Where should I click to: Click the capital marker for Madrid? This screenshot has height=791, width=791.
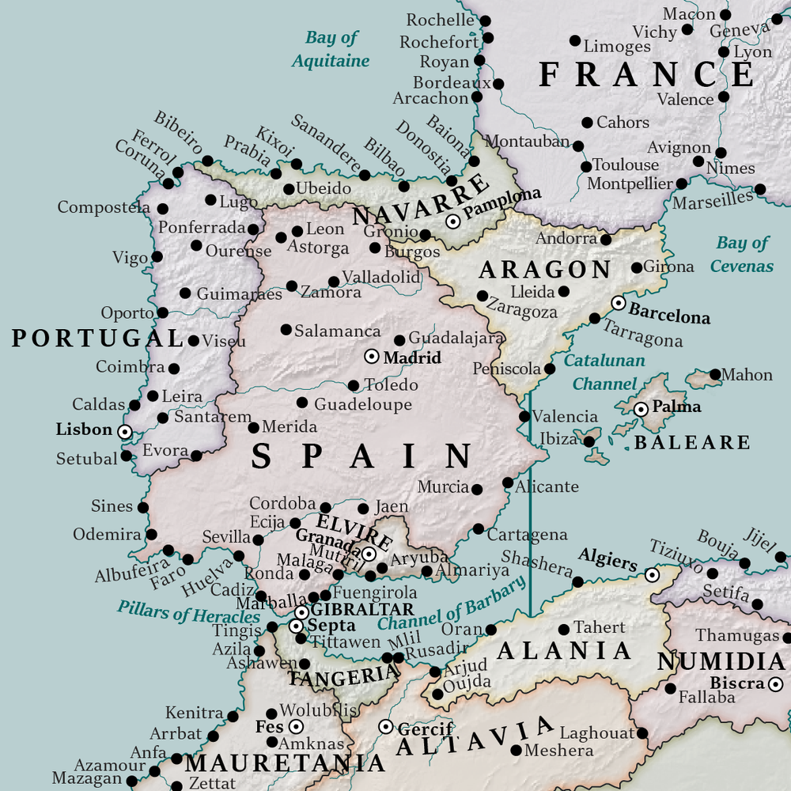pyautogui.click(x=372, y=357)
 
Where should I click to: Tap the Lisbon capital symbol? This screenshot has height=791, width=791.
pyautogui.click(x=124, y=431)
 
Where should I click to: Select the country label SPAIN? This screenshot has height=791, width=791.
pyautogui.click(x=362, y=456)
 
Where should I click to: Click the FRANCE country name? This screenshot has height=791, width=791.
pyautogui.click(x=646, y=74)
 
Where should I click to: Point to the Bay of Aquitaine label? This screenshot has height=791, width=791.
pyautogui.click(x=331, y=49)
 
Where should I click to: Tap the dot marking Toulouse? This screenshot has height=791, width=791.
pyautogui.click(x=585, y=166)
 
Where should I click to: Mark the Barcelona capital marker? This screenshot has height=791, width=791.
pyautogui.click(x=618, y=303)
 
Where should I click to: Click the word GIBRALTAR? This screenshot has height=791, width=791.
pyautogui.click(x=362, y=610)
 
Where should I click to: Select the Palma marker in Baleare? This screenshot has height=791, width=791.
pyautogui.click(x=641, y=409)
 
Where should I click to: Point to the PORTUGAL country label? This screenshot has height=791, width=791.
pyautogui.click(x=97, y=339)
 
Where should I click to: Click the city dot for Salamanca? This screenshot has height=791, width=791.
pyautogui.click(x=286, y=330)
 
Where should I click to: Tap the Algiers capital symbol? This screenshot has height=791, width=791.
pyautogui.click(x=652, y=575)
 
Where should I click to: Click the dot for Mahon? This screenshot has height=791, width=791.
pyautogui.click(x=715, y=374)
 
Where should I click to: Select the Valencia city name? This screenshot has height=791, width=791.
pyautogui.click(x=565, y=417)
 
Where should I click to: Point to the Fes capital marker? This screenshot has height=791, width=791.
pyautogui.click(x=296, y=726)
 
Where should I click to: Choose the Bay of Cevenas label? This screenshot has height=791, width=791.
pyautogui.click(x=742, y=254)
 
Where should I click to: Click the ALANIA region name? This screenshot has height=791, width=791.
pyautogui.click(x=565, y=651)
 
